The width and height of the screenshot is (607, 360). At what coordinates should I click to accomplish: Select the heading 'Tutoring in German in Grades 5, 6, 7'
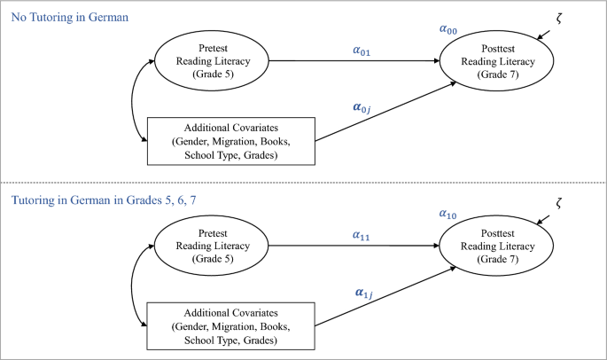pos(104,201)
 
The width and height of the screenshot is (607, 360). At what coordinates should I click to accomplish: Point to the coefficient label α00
pos(449,29)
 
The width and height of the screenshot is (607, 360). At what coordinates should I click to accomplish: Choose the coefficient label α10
pos(449,214)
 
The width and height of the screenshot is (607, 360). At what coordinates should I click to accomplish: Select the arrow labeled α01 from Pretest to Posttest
pos(354,62)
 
